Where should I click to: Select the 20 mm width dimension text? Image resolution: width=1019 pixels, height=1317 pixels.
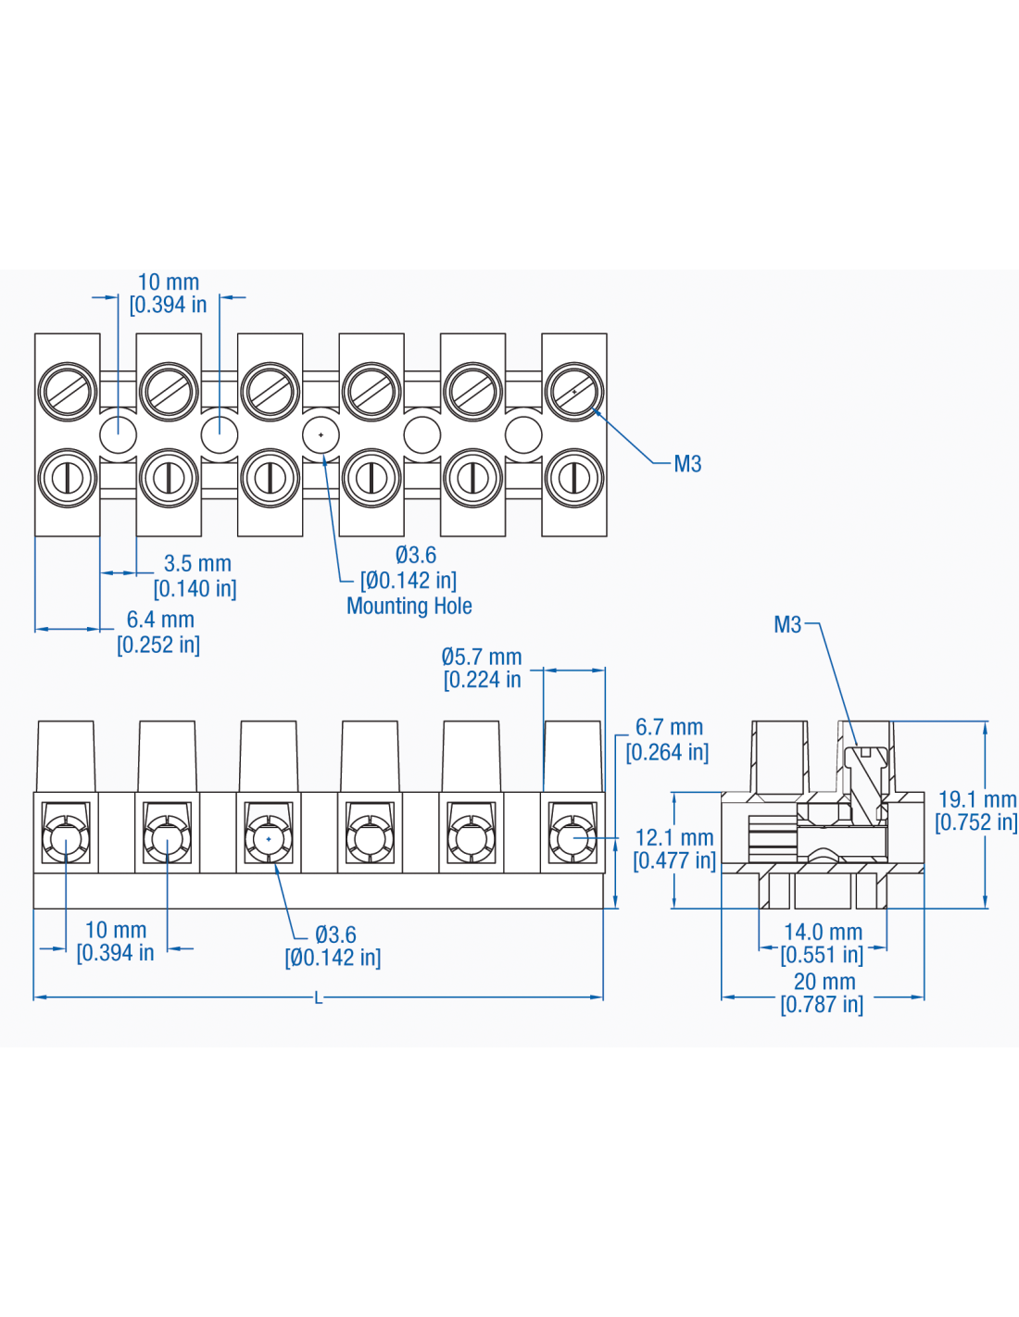pyautogui.click(x=824, y=982)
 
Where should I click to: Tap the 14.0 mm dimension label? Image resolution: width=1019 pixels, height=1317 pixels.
pyautogui.click(x=823, y=933)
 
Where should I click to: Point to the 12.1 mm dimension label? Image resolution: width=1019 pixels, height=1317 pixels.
pyautogui.click(x=673, y=838)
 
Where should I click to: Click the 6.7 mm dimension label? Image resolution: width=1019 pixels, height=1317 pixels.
pyautogui.click(x=669, y=728)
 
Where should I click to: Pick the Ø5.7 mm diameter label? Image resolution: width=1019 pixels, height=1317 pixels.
pyautogui.click(x=482, y=658)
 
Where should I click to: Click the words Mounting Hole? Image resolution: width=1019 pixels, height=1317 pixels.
pyautogui.click(x=409, y=607)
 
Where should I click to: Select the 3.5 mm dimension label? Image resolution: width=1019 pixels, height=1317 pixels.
pyautogui.click(x=197, y=564)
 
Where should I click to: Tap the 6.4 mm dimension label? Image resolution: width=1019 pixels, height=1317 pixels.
pyautogui.click(x=160, y=620)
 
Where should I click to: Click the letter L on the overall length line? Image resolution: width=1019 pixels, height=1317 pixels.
pyautogui.click(x=319, y=998)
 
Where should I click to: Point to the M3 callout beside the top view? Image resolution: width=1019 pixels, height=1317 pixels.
pyautogui.click(x=687, y=464)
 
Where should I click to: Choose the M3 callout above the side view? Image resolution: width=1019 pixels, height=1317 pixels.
pyautogui.click(x=787, y=625)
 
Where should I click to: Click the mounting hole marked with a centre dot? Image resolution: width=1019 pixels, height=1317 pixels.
pyautogui.click(x=321, y=434)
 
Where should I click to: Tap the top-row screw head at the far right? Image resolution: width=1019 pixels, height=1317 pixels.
pyautogui.click(x=574, y=392)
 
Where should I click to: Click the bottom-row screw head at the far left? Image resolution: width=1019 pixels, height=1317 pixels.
pyautogui.click(x=68, y=478)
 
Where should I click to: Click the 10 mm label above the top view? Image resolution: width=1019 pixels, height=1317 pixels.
pyautogui.click(x=169, y=282)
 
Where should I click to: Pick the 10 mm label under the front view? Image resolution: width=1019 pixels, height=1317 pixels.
pyautogui.click(x=116, y=930)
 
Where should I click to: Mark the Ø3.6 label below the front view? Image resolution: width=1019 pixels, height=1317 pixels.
pyautogui.click(x=335, y=935)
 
